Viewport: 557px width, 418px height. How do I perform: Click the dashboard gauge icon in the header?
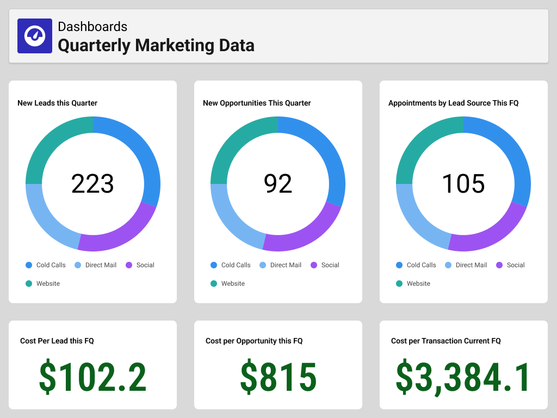(35, 36)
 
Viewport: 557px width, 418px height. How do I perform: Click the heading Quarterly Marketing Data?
(156, 45)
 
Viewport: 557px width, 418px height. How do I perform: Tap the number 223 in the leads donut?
(92, 183)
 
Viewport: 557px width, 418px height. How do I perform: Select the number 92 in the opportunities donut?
(278, 183)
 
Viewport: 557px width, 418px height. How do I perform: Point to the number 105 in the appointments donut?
(463, 183)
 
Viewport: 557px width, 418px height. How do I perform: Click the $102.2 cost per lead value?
(92, 377)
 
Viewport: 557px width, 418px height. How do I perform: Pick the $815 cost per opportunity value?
(278, 377)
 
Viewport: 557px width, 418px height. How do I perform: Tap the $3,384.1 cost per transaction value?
(463, 377)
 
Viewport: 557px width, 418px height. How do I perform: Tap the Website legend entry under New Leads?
(43, 284)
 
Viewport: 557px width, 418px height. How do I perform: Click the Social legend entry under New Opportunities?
(325, 265)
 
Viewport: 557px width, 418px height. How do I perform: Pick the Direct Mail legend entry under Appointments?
(466, 265)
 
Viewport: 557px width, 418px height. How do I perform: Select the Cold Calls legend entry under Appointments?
(416, 265)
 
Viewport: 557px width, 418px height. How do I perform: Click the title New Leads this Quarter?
(57, 103)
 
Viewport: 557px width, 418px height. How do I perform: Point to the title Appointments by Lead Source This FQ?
(453, 103)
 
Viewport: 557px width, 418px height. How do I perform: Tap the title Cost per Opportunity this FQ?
(254, 341)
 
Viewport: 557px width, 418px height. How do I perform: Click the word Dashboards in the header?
(92, 26)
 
